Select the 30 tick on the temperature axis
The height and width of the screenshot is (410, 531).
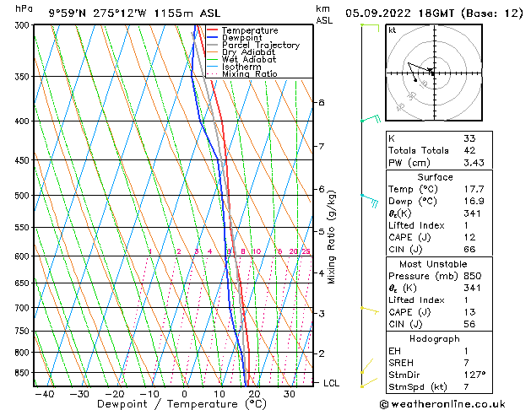tap(289, 394)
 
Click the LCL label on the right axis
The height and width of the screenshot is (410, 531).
tap(331, 383)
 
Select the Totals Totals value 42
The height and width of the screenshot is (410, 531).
tap(469, 150)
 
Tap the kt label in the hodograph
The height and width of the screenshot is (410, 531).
tap(393, 30)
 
